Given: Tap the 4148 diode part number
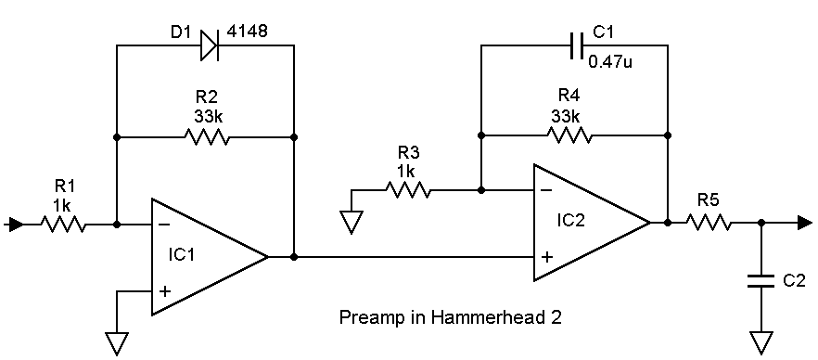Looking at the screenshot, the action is coord(247,31).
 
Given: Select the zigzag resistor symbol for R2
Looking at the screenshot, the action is coord(206,137).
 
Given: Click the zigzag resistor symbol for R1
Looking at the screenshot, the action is coord(63,225).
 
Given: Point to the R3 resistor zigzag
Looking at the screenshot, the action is coord(408,190).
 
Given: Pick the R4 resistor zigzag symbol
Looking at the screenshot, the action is coord(569,135).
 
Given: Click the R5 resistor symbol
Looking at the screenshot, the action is coord(708,223).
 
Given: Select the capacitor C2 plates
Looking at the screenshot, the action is coord(761,281).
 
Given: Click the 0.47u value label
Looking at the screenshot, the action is coord(611,62).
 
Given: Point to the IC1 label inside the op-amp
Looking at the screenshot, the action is coord(181,255).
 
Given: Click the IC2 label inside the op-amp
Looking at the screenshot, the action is coord(570,219).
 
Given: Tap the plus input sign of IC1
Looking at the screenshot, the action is coord(164,290).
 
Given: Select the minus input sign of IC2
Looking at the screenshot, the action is coord(546,190).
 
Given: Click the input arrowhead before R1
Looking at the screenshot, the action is coord(16,225).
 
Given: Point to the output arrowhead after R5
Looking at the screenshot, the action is coord(804,223).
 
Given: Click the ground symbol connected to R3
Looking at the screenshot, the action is coord(351,221).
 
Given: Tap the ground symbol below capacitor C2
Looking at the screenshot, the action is coord(761,342).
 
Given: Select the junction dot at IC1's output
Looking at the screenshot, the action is coord(294,257).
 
